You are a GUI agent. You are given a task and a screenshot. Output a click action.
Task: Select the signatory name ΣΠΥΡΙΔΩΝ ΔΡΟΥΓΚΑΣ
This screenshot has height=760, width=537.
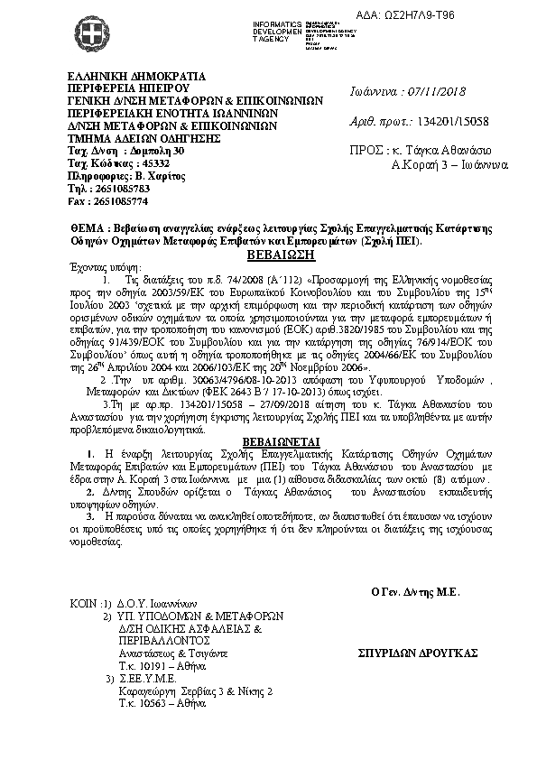tap(418, 653)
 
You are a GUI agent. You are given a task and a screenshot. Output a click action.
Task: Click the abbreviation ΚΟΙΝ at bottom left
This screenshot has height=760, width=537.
tap(84, 601)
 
